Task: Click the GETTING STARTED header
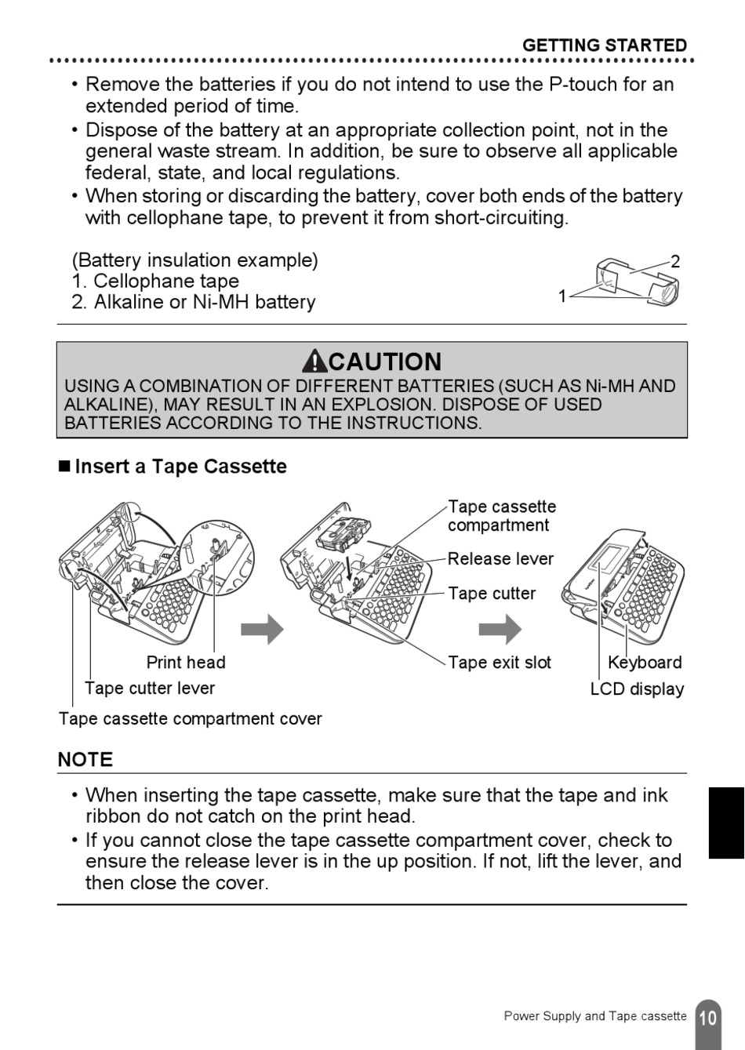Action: tap(604, 45)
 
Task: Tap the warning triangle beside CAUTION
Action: tap(314, 362)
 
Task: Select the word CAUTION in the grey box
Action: tap(385, 362)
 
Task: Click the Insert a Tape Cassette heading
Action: tap(180, 467)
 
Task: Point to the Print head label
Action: tap(186, 663)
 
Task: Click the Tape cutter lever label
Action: tap(150, 688)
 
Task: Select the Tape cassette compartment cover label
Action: tap(190, 719)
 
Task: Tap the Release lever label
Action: tap(500, 559)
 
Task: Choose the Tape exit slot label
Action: tap(500, 663)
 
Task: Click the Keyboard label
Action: tap(645, 663)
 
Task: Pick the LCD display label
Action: tap(637, 689)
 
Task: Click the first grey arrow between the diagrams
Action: tap(262, 629)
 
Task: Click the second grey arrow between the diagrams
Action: tap(500, 629)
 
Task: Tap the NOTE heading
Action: tap(85, 760)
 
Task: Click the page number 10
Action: tap(707, 1019)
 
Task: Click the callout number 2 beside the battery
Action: tap(675, 262)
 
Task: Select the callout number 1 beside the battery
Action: tap(562, 296)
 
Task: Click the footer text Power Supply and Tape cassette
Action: tap(594, 1016)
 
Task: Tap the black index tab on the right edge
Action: tap(726, 823)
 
